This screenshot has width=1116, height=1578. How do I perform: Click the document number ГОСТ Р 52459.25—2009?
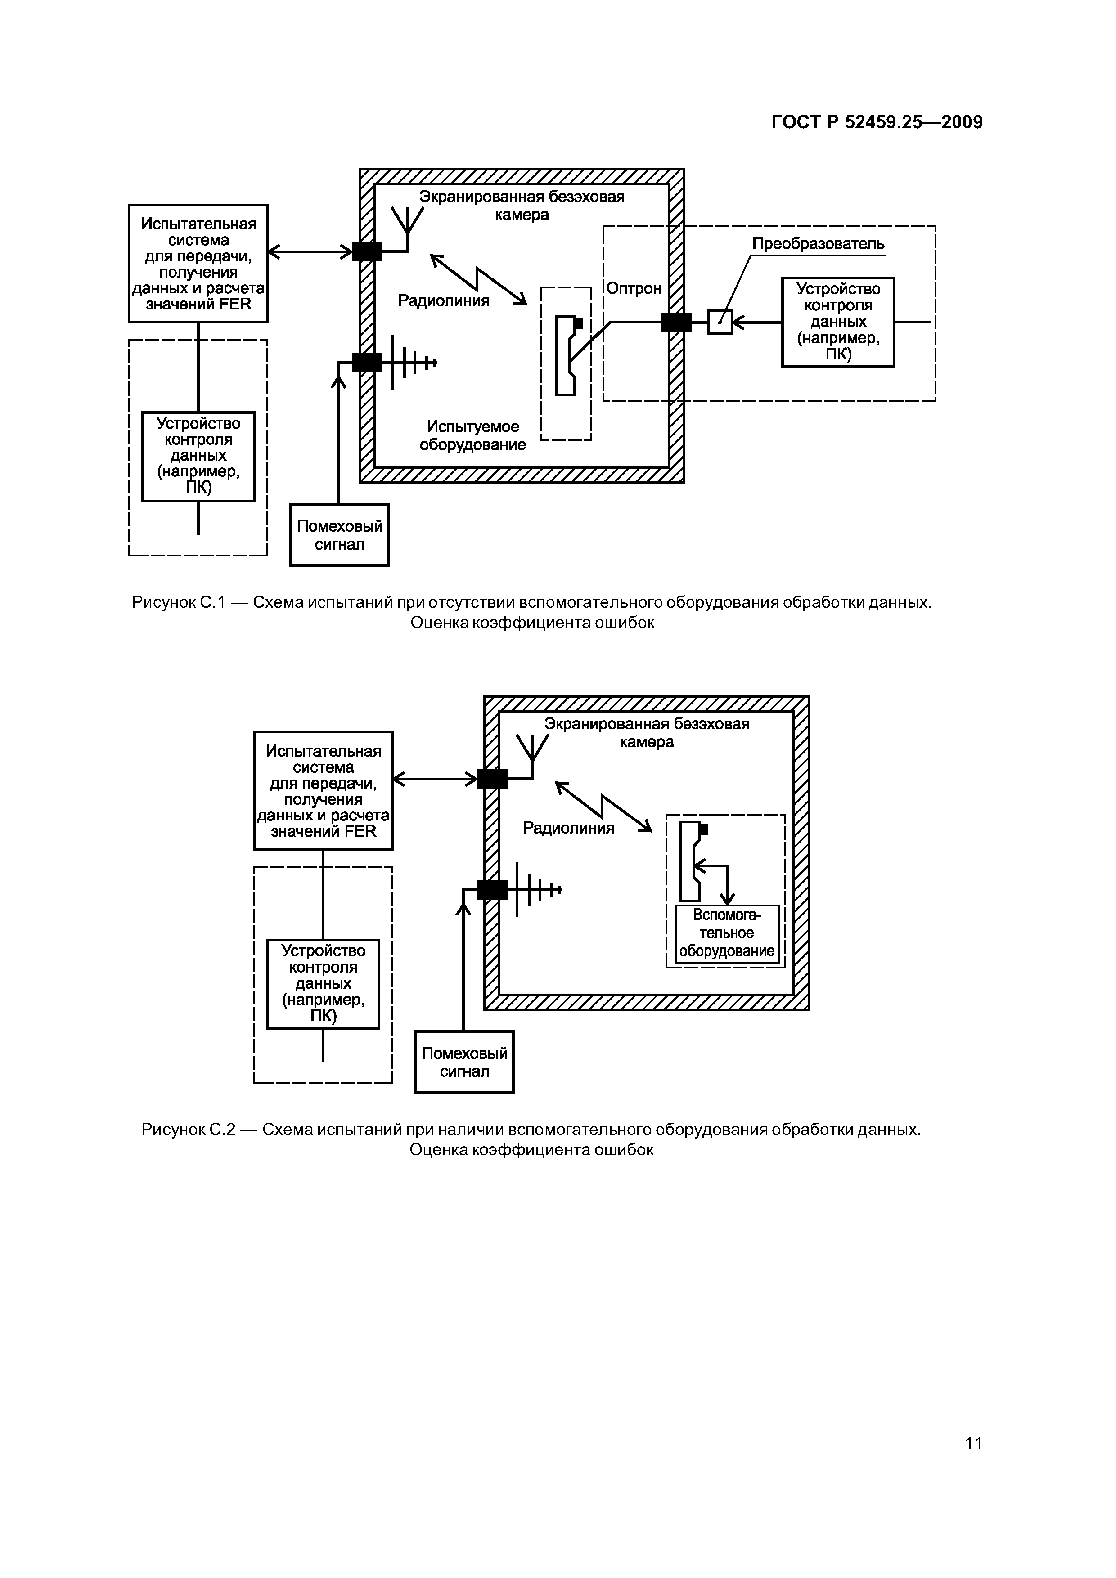click(877, 122)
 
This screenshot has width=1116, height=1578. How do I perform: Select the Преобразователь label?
click(818, 244)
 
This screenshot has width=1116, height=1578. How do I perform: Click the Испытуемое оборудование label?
click(472, 436)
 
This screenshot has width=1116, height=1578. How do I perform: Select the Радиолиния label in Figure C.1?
click(444, 300)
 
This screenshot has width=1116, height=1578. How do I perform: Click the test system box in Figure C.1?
click(198, 263)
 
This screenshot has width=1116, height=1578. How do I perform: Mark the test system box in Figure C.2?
click(323, 790)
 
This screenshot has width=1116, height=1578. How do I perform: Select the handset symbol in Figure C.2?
click(692, 861)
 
